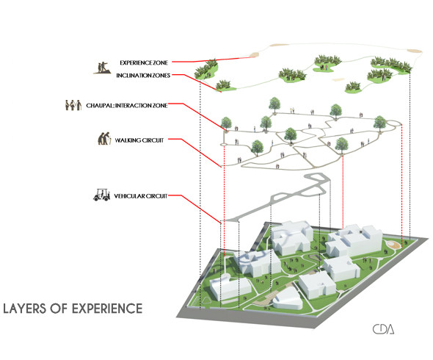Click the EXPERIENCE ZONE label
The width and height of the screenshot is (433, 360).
(144, 62)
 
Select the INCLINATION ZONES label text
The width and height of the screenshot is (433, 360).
(143, 75)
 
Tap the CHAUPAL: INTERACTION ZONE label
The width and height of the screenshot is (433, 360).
(127, 105)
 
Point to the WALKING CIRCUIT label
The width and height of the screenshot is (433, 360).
(139, 140)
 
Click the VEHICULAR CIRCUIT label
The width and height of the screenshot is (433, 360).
(141, 196)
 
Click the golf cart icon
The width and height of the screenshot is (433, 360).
(101, 195)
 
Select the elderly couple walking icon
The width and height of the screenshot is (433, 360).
(104, 138)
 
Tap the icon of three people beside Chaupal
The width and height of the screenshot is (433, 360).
(73, 105)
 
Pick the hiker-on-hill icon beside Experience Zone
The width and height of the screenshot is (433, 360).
(102, 68)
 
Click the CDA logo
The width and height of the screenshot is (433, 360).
(383, 329)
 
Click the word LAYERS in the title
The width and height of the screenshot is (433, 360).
(24, 309)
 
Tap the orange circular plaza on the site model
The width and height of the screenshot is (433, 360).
(393, 245)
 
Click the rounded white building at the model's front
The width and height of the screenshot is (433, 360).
(287, 299)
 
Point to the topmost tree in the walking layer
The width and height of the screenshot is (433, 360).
(274, 105)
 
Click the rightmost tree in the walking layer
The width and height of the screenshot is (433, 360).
(380, 123)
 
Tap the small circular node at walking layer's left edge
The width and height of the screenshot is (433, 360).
(223, 144)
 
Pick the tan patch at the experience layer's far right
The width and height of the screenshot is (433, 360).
(414, 51)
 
